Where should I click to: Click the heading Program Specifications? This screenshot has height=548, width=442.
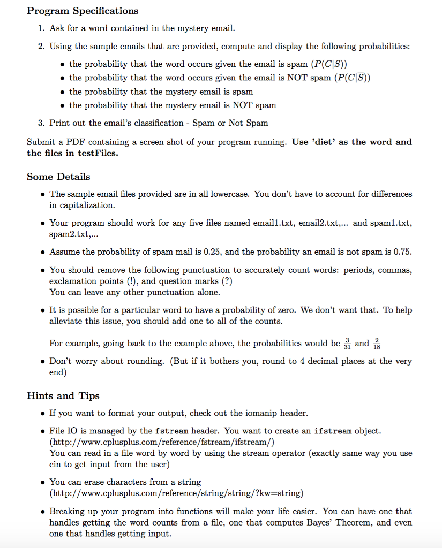click(x=83, y=11)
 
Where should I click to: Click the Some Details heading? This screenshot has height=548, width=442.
click(x=58, y=177)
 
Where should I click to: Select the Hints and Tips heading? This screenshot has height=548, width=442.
click(x=63, y=396)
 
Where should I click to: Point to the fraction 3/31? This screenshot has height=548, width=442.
click(x=348, y=343)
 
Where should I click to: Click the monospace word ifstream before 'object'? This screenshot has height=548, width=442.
click(x=332, y=431)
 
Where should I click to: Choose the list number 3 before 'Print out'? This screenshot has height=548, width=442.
click(x=41, y=123)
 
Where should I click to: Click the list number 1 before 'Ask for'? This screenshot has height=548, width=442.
click(x=41, y=28)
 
